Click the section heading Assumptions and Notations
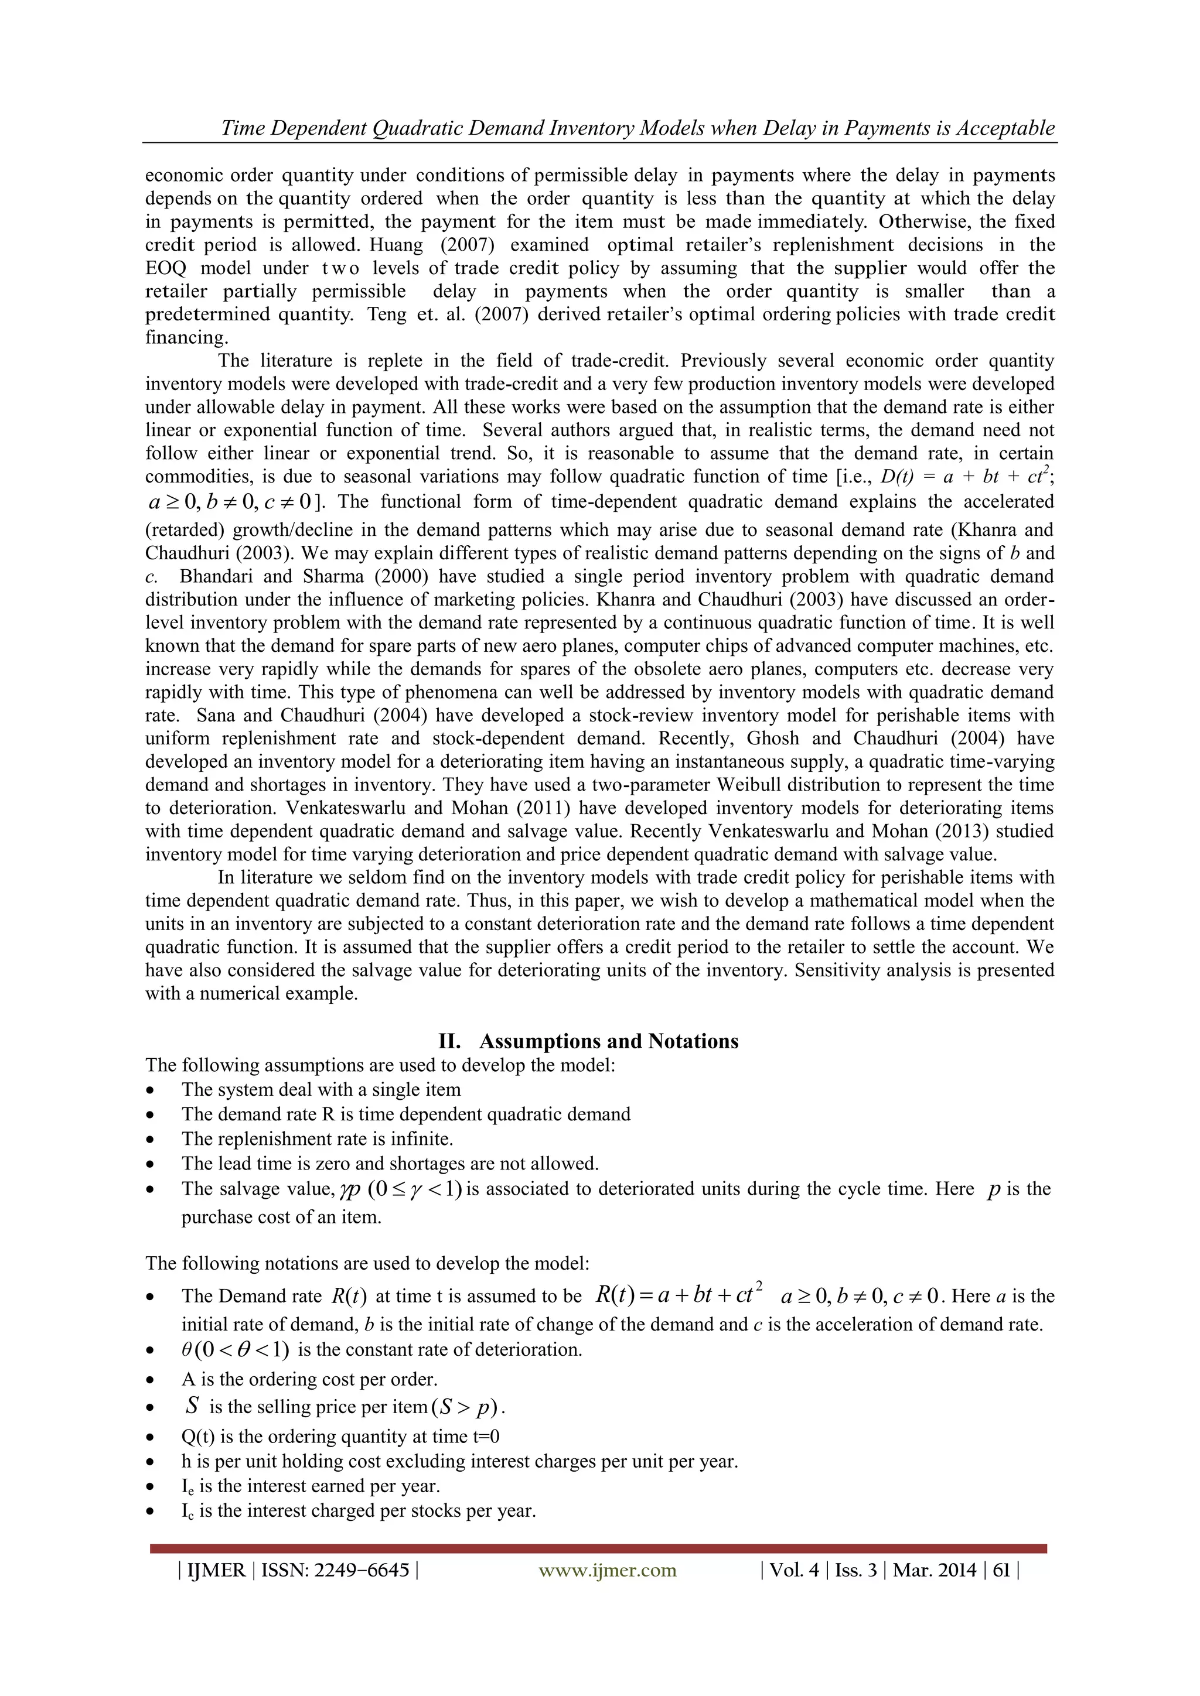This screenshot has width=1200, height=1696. pos(608,1041)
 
